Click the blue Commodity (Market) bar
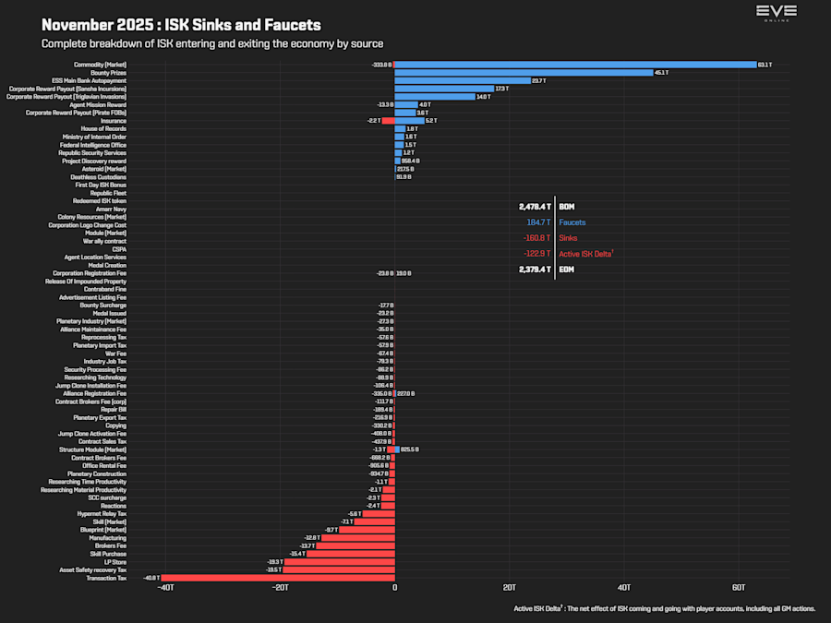(575, 65)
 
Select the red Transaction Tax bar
(278, 578)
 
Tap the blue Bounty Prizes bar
(523, 72)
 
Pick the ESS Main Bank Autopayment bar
(463, 80)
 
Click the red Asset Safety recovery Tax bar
(339, 569)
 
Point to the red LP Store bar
(339, 561)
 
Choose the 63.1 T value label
(765, 65)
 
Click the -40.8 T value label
(152, 578)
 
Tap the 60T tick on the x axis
(739, 588)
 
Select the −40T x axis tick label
(165, 588)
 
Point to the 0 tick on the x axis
(394, 588)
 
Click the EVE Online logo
(776, 13)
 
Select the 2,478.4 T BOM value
(535, 207)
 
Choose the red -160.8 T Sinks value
(536, 238)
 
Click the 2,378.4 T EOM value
(535, 270)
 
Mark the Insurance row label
(113, 120)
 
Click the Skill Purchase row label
(108, 554)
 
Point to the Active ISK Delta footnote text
(664, 609)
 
